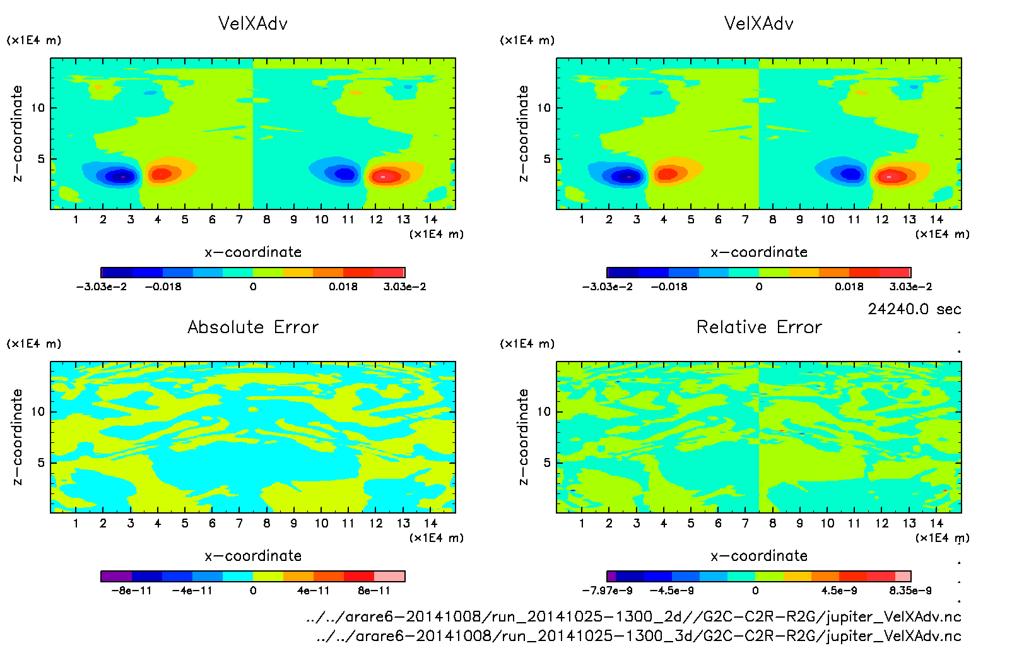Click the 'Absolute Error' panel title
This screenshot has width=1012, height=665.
pyautogui.click(x=253, y=327)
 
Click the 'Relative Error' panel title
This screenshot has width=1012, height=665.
pyautogui.click(x=759, y=327)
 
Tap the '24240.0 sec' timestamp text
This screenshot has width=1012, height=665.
pyautogui.click(x=914, y=309)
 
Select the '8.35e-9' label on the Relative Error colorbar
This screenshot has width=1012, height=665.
pyautogui.click(x=910, y=591)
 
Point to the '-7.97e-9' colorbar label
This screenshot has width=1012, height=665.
pyautogui.click(x=607, y=591)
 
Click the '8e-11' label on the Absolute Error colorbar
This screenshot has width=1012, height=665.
pyautogui.click(x=374, y=591)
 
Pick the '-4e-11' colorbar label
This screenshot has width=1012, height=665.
pyautogui.click(x=192, y=591)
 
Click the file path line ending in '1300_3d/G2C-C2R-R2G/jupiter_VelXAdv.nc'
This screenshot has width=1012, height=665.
pyautogui.click(x=638, y=636)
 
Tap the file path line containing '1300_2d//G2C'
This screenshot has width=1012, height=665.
pyautogui.click(x=633, y=616)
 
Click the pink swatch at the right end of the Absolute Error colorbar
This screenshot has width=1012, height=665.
pyautogui.click(x=389, y=576)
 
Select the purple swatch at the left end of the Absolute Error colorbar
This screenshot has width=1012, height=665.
pyautogui.click(x=116, y=576)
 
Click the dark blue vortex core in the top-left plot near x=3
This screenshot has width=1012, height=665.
pyautogui.click(x=121, y=177)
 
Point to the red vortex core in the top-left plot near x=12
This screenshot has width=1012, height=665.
pyautogui.click(x=384, y=177)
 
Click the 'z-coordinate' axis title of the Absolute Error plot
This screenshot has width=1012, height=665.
pyautogui.click(x=18, y=437)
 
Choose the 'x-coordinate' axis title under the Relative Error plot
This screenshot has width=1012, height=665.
pyautogui.click(x=759, y=556)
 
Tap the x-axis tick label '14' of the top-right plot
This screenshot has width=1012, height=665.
pyautogui.click(x=936, y=220)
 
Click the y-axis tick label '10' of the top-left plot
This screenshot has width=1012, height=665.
pyautogui.click(x=38, y=108)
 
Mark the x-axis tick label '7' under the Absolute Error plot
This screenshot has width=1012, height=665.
pyautogui.click(x=239, y=523)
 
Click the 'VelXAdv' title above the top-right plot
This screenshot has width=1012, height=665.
pyautogui.click(x=759, y=24)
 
